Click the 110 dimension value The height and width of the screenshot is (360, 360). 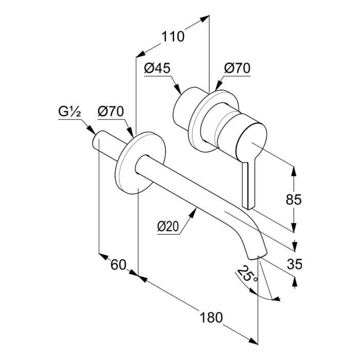[x=172, y=37]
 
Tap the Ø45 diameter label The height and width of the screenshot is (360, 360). [x=157, y=68]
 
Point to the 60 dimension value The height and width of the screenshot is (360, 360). [x=118, y=265]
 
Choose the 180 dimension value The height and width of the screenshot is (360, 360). [x=211, y=317]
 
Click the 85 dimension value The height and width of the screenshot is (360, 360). [x=294, y=199]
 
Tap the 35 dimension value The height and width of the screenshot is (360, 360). [x=294, y=265]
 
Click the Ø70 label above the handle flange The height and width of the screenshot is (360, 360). [x=237, y=68]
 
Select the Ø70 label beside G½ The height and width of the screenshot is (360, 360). [x=110, y=111]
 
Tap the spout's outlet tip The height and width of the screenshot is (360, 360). [x=256, y=254]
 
